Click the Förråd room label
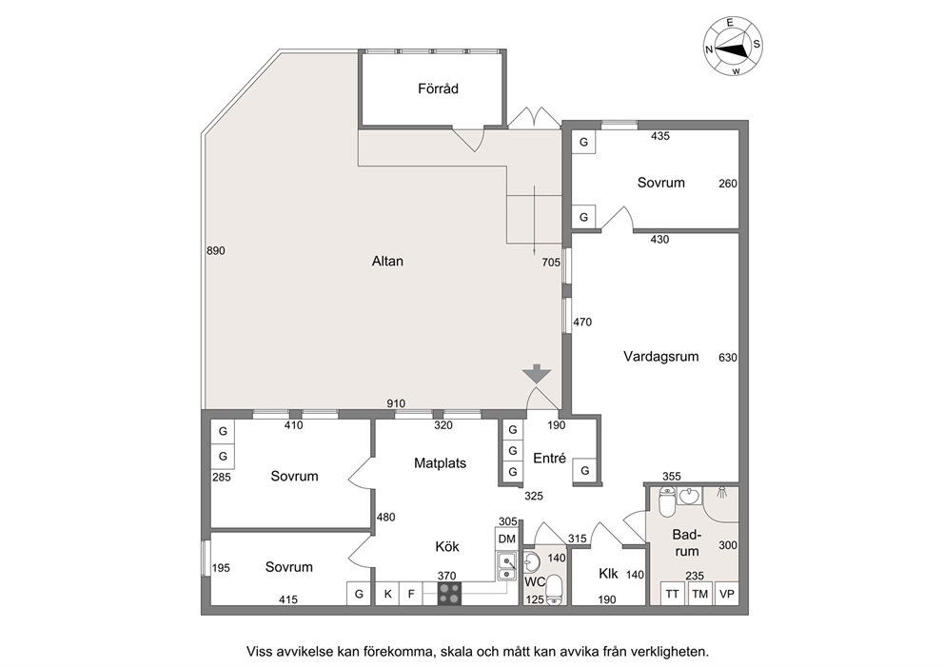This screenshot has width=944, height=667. (x=438, y=88)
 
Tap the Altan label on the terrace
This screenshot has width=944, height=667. (x=387, y=262)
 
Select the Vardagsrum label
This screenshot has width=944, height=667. (x=660, y=357)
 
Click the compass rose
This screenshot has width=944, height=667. (x=733, y=47)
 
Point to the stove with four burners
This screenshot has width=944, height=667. (x=449, y=593)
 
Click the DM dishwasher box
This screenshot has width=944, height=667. (x=507, y=539)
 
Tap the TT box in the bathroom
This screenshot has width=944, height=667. (x=673, y=594)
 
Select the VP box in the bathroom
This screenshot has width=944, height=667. (x=727, y=594)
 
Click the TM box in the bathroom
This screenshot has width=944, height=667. (x=699, y=594)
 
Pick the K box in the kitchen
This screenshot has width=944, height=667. (x=387, y=594)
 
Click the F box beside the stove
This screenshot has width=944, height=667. (x=411, y=594)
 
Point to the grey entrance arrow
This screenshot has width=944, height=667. (x=537, y=375)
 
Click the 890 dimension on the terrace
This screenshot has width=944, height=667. (x=215, y=250)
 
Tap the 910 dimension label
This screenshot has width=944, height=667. (x=396, y=403)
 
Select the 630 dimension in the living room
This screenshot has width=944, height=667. (x=728, y=358)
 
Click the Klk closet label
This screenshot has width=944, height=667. (x=608, y=574)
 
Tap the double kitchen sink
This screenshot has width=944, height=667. (x=507, y=567)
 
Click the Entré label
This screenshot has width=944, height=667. (x=550, y=458)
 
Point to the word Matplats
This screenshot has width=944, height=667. (x=440, y=463)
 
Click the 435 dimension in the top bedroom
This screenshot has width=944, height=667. (x=660, y=136)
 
